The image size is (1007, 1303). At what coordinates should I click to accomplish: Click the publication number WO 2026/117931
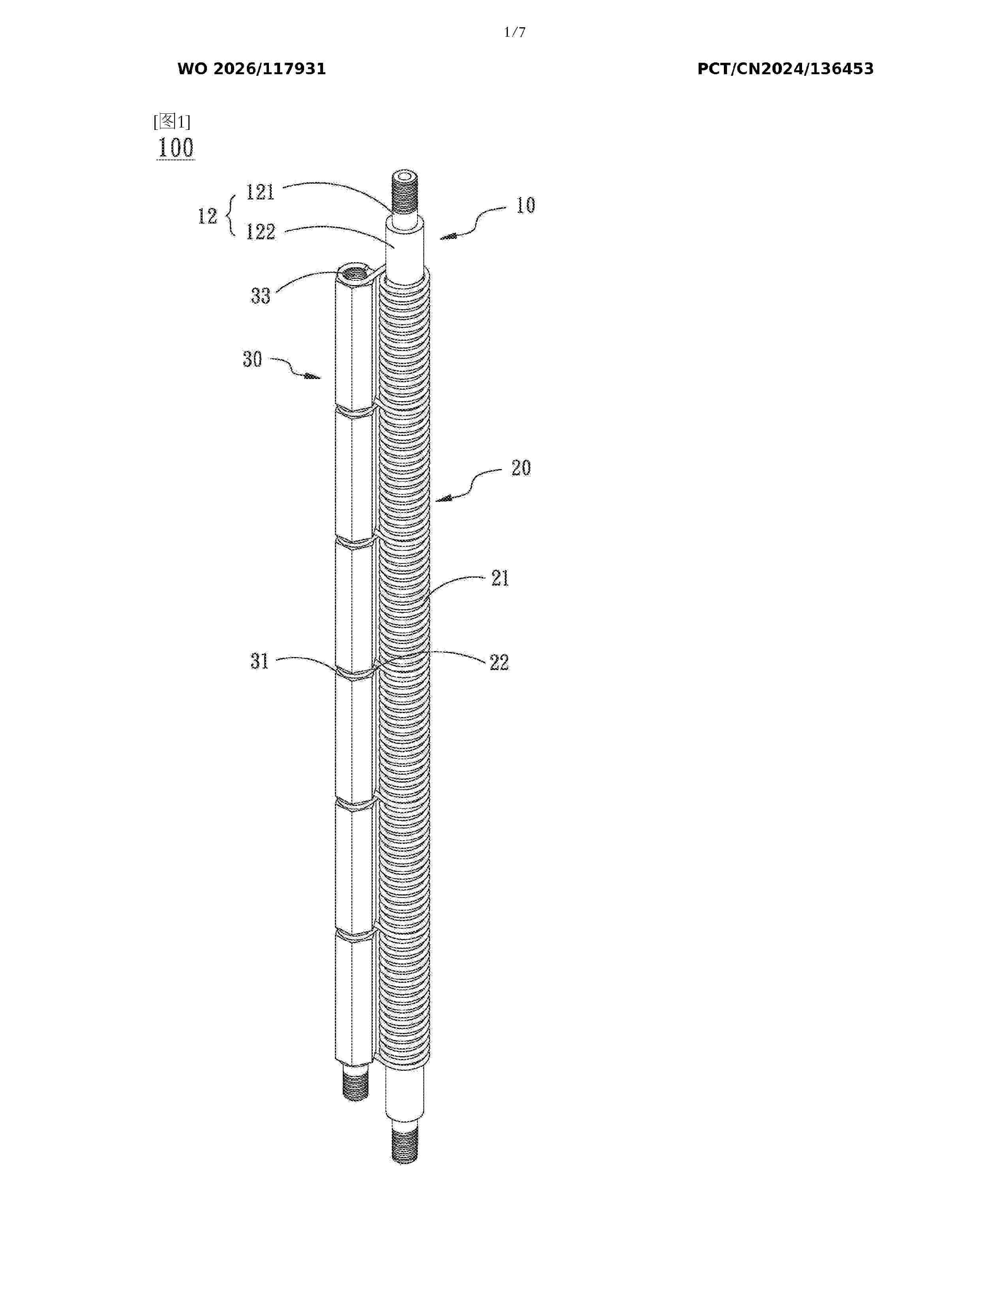click(252, 69)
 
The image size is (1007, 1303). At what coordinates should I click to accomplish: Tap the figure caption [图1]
click(172, 122)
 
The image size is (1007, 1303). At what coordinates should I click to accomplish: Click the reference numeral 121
click(261, 192)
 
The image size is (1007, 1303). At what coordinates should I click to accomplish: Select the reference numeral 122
click(261, 231)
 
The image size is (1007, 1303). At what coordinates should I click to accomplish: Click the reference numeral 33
click(260, 296)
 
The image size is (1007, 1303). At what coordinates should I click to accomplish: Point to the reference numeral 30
click(252, 359)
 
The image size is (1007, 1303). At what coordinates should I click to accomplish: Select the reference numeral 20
click(521, 468)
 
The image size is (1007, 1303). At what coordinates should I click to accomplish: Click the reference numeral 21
click(500, 578)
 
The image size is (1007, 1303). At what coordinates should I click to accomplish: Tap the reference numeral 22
click(499, 662)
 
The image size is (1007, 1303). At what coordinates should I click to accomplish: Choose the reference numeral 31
click(259, 662)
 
